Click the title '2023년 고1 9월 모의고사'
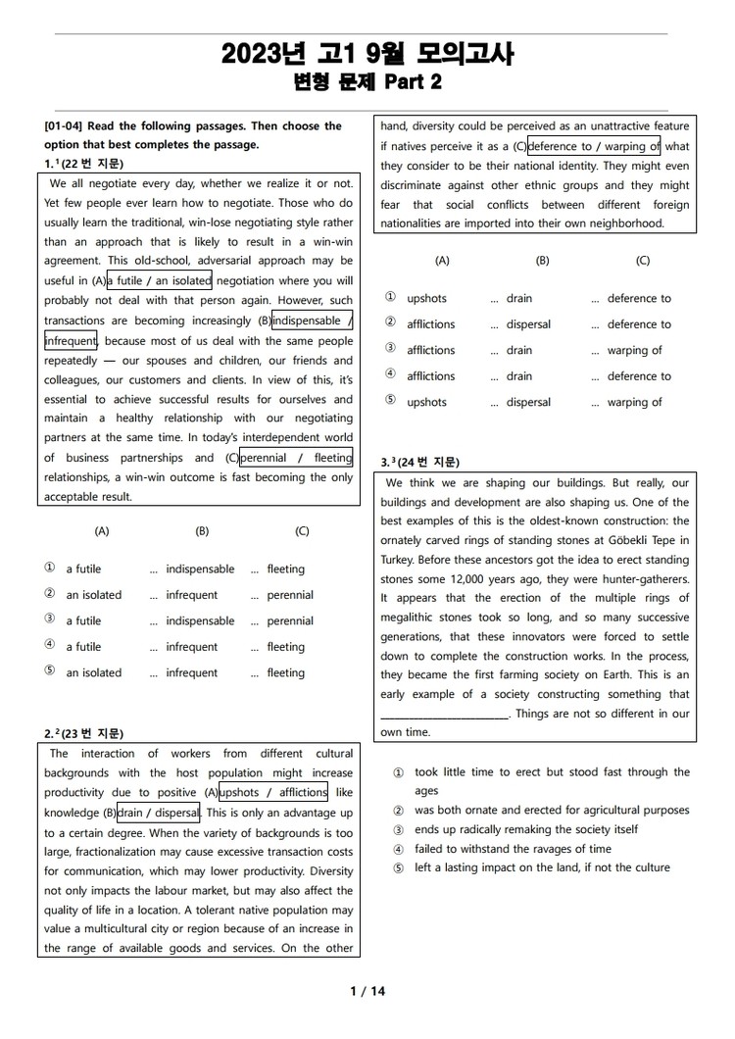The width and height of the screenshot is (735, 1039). coord(367,53)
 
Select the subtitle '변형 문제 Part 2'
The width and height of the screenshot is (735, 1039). coord(367,82)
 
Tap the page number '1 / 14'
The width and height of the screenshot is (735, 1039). coord(367,991)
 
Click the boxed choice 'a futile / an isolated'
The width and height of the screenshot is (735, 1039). coord(159,280)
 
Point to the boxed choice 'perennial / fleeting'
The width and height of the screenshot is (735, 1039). coord(296,458)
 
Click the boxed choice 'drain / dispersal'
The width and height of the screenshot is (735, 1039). coord(159,813)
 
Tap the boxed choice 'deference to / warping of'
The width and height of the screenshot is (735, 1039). coord(595,147)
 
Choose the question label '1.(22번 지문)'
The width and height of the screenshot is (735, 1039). coord(84,163)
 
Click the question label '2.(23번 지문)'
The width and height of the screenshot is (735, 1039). coord(84,733)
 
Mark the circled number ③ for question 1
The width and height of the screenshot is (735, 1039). coord(50,620)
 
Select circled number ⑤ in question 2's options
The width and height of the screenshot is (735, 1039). coord(390,402)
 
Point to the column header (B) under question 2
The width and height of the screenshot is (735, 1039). coord(543,261)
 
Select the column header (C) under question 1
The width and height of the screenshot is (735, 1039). coord(302,531)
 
